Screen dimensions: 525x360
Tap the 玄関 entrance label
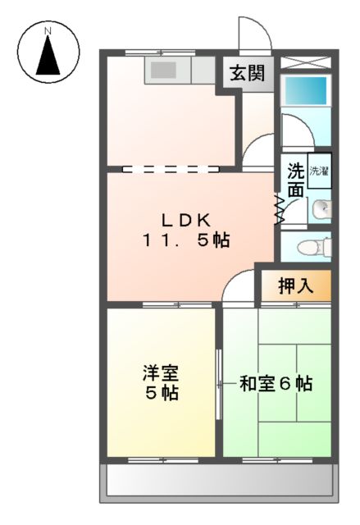pos(246,72)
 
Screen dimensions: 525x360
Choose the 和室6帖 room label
pos(276,383)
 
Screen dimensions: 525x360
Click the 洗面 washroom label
pos(295,180)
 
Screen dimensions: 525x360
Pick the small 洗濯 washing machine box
pos(319,171)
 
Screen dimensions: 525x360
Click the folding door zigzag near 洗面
pos(280,209)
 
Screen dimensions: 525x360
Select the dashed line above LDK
pos(171,170)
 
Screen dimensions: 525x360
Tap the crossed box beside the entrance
pos(305,62)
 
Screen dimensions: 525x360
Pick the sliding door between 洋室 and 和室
pos(218,383)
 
